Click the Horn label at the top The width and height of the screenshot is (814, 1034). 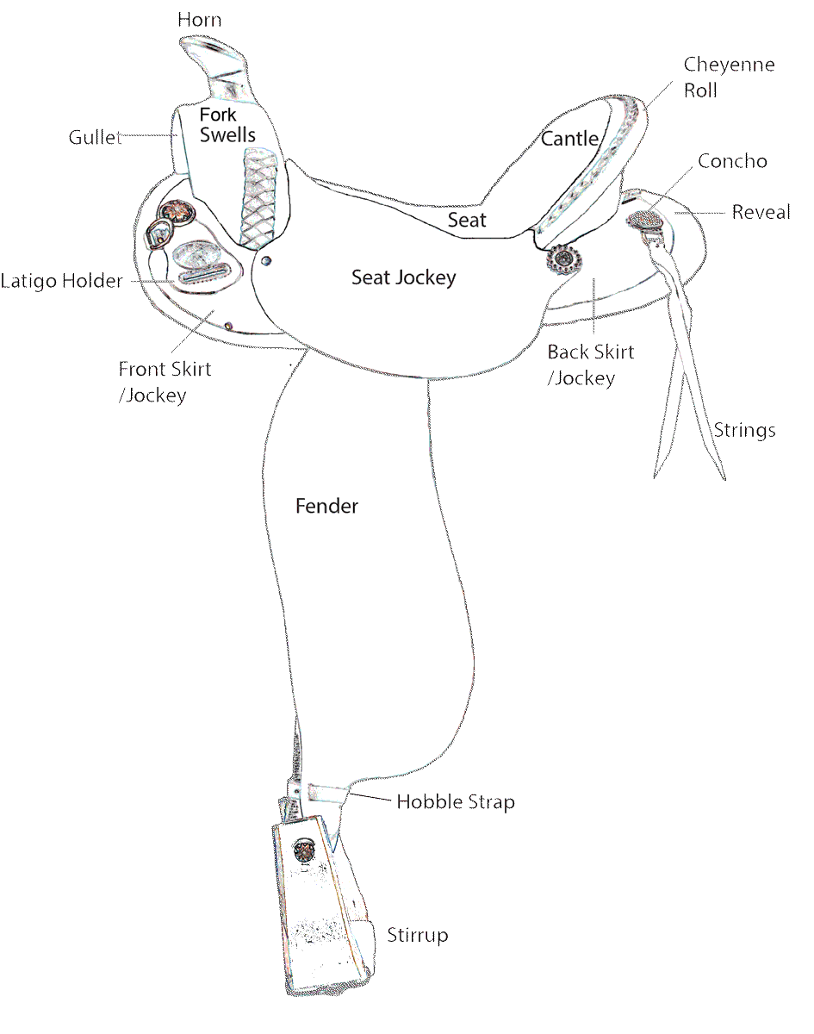pyautogui.click(x=199, y=19)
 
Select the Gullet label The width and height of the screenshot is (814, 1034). pyautogui.click(x=94, y=137)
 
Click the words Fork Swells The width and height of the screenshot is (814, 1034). pyautogui.click(x=227, y=125)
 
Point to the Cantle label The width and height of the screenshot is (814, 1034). pyautogui.click(x=569, y=139)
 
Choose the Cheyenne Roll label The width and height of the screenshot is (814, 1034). pyautogui.click(x=717, y=77)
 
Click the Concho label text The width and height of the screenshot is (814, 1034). pyautogui.click(x=732, y=161)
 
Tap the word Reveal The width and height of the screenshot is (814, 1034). pyautogui.click(x=761, y=212)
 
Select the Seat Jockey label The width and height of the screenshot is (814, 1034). pyautogui.click(x=403, y=277)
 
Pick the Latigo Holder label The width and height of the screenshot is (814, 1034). pyautogui.click(x=62, y=281)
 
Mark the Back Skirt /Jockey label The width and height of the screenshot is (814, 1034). pyautogui.click(x=590, y=364)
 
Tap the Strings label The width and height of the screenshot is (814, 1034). pyautogui.click(x=744, y=430)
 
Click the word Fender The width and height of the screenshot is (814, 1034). pyautogui.click(x=326, y=506)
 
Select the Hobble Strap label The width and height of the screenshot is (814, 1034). pyautogui.click(x=455, y=802)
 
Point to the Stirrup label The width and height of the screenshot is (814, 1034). pyautogui.click(x=417, y=935)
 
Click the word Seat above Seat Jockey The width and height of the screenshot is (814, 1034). pyautogui.click(x=467, y=220)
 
